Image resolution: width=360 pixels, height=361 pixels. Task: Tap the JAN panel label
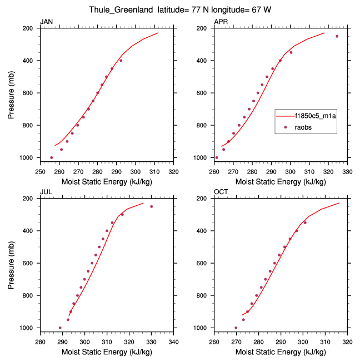[47, 22]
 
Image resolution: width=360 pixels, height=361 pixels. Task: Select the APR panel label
[221, 22]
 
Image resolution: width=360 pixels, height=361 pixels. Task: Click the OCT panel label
[221, 192]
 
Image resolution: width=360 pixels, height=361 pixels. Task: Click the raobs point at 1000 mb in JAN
[52, 157]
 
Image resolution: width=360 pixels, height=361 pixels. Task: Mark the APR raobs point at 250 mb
[337, 36]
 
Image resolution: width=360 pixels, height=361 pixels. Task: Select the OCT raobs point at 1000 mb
[236, 328]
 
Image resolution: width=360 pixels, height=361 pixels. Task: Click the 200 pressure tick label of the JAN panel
[31, 28]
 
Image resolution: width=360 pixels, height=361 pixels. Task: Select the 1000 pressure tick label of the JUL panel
[29, 328]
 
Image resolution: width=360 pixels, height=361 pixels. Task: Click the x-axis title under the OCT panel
[281, 351]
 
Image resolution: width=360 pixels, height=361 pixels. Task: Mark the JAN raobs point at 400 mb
[121, 60]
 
